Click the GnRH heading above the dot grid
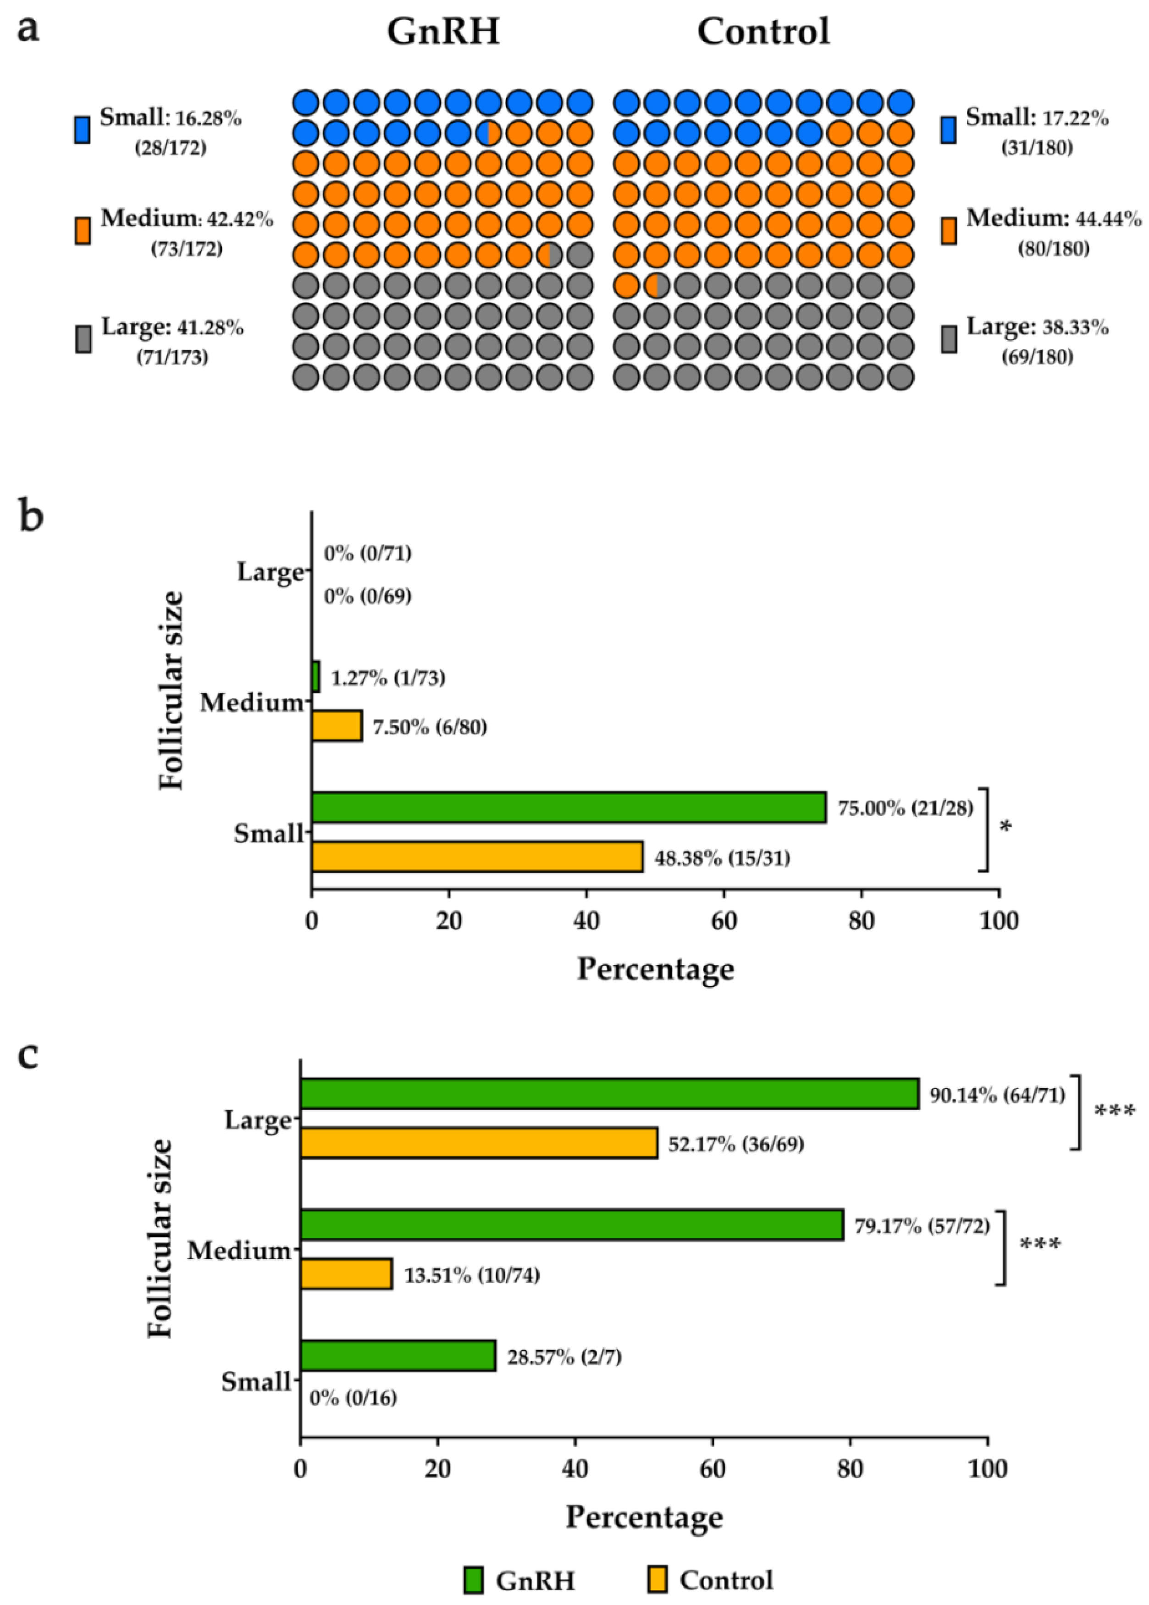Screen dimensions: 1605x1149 pyautogui.click(x=443, y=32)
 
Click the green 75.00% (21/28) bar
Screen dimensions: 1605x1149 pyautogui.click(x=568, y=808)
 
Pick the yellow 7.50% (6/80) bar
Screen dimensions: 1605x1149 pyautogui.click(x=337, y=726)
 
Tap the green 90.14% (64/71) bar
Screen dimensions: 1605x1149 pyautogui.click(x=609, y=1093)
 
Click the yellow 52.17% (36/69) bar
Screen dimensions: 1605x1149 pyautogui.click(x=479, y=1143)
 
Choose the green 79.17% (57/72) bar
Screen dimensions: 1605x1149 pyautogui.click(x=572, y=1225)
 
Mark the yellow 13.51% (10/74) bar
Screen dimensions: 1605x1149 pyautogui.click(x=346, y=1274)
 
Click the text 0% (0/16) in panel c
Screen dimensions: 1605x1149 pyautogui.click(x=353, y=1398)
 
